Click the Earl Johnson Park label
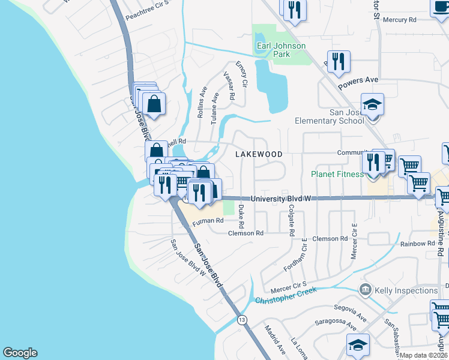[x=281, y=50]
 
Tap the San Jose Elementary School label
[x=329, y=116]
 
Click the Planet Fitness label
[x=337, y=174]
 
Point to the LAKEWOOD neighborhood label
[x=259, y=154]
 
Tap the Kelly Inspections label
[x=406, y=290]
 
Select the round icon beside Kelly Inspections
[x=364, y=290]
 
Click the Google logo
[x=20, y=353]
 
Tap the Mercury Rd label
[x=399, y=20]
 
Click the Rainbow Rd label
[x=417, y=243]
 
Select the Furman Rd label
[x=208, y=221]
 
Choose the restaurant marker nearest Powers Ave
[x=339, y=62]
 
